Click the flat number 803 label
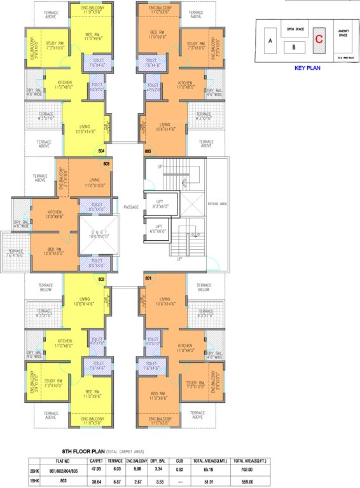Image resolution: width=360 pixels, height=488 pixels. pos(106,163)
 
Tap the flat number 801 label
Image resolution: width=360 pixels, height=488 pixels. pos(148,278)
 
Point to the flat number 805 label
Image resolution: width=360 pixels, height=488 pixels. pos(148,151)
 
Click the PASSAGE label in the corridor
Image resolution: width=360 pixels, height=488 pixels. pos(131,207)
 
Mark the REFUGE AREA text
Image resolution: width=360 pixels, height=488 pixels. pos(217,203)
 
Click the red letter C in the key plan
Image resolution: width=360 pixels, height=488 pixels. pos(320,37)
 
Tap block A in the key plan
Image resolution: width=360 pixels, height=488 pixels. pos(270,41)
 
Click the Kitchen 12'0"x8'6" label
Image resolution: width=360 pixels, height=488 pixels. pos(54,214)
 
